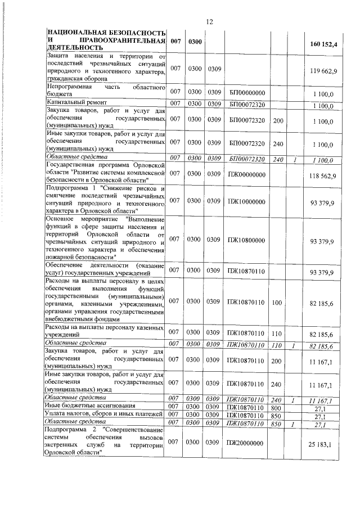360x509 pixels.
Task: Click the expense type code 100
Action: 276,301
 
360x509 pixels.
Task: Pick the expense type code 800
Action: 276,406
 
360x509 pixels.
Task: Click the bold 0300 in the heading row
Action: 195,41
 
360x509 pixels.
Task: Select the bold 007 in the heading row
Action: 175,41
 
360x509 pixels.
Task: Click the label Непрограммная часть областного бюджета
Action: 105,92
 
